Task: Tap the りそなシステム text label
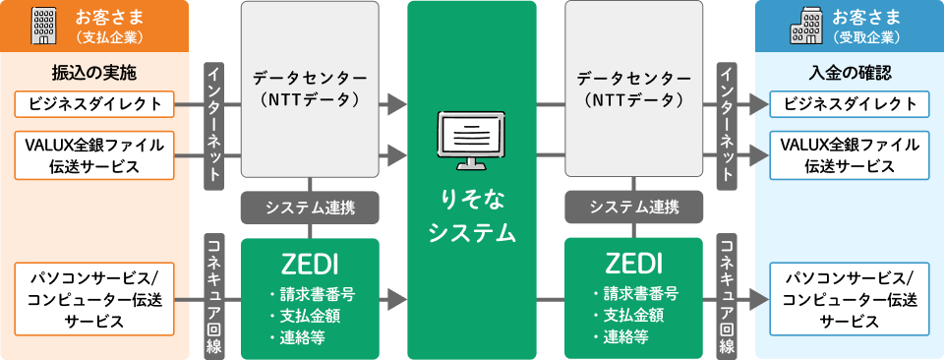(472, 215)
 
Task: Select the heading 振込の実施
(94, 74)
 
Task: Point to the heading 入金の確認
(850, 74)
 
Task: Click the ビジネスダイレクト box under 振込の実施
(94, 103)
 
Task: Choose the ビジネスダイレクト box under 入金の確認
(850, 103)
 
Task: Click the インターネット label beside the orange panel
(213, 126)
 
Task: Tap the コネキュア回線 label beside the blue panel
(728, 295)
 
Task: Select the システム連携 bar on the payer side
(310, 208)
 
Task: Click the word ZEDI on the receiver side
(634, 264)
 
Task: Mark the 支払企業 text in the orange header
(109, 38)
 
